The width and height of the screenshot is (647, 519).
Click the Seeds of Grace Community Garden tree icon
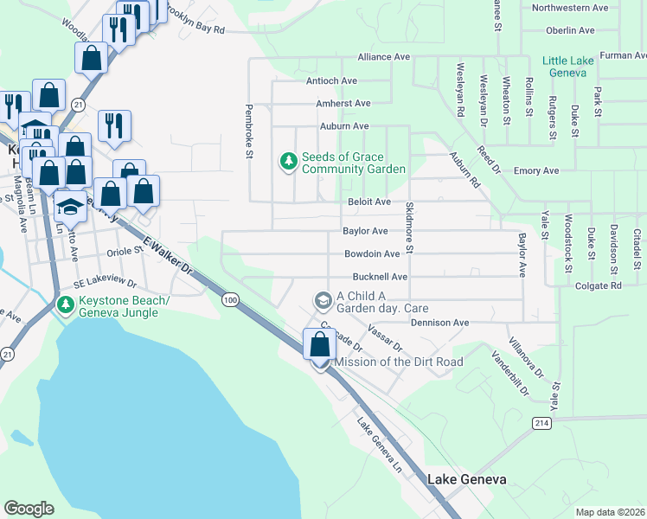point(288,161)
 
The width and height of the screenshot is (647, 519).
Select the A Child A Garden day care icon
point(323,300)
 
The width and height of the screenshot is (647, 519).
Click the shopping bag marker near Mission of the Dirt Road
point(319,344)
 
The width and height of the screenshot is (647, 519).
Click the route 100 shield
point(229,299)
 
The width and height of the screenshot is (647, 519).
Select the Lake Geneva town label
point(466,479)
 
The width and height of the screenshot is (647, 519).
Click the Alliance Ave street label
point(384,57)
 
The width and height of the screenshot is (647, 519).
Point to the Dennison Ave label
point(439,323)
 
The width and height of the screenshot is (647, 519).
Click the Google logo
point(29,508)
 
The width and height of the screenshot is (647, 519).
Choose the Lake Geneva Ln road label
point(381,445)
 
